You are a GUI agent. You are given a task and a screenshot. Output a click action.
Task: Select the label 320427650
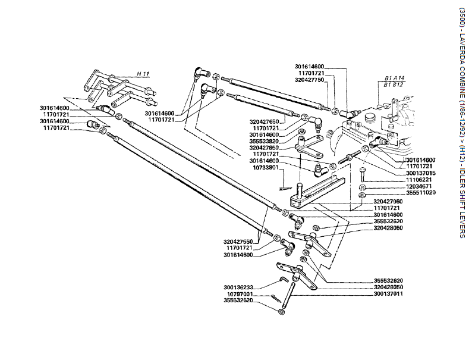point(264,121)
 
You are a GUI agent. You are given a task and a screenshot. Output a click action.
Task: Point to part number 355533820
point(264,141)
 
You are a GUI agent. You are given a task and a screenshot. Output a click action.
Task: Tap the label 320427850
point(264,148)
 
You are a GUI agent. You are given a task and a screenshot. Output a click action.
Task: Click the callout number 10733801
point(266,167)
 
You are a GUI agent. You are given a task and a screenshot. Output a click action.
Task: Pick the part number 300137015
point(421,173)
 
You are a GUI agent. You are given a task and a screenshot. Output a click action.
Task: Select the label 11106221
point(421,179)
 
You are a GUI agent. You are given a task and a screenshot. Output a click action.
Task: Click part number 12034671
point(421,186)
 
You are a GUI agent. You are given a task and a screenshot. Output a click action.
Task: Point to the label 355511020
point(421,193)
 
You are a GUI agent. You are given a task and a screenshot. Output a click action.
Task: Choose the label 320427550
point(238,242)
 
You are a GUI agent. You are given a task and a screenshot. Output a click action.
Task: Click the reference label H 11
point(143,73)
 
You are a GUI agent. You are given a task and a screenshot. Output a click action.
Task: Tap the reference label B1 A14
point(394,79)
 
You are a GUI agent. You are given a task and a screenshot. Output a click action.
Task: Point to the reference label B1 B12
point(394,84)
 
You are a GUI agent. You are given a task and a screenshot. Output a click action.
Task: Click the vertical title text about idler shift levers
point(462,122)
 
